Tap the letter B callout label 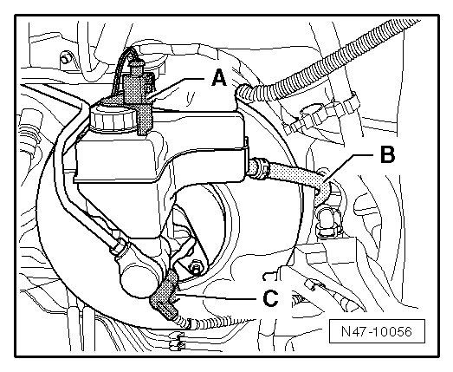[387, 154]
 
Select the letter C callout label [271, 298]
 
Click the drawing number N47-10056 [377, 331]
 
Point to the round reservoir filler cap [113, 118]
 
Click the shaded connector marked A [139, 98]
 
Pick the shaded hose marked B [292, 178]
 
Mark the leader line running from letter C [218, 297]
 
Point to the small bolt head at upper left [66, 59]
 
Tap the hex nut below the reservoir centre [194, 267]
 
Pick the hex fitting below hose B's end [328, 220]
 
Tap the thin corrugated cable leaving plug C [219, 322]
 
